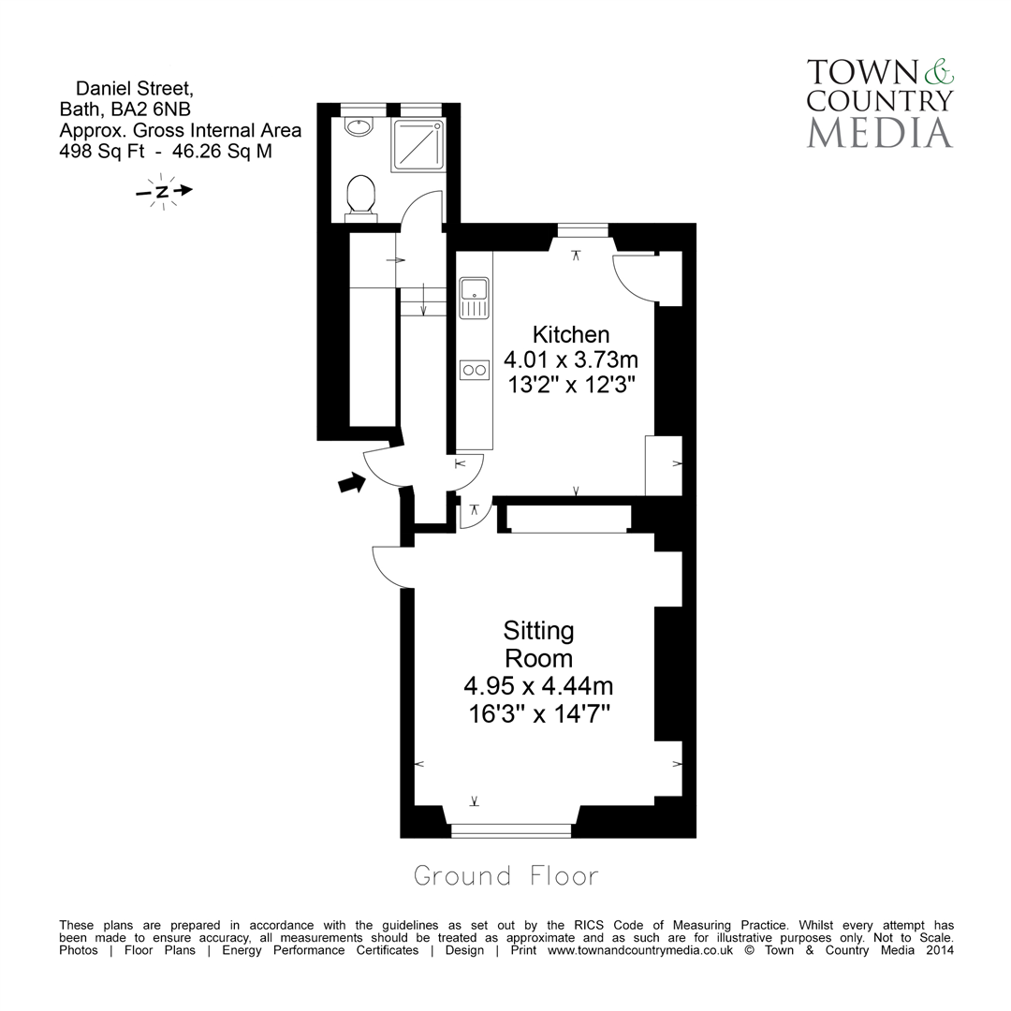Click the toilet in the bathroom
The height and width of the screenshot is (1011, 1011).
[x=360, y=198]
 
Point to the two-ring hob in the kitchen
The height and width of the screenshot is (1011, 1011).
[x=475, y=370]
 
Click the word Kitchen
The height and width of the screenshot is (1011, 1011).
[x=571, y=334]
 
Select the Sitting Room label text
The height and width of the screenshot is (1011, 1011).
[x=538, y=643]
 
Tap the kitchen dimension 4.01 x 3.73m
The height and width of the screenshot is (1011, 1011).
[x=571, y=359]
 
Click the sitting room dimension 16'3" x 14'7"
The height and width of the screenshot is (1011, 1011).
[x=538, y=713]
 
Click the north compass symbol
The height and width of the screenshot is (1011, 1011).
[x=163, y=191]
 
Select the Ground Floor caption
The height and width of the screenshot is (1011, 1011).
[x=505, y=876]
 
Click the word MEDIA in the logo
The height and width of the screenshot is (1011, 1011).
[x=879, y=132]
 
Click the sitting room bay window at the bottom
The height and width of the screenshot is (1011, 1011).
[x=511, y=829]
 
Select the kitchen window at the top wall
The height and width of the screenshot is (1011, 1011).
[x=582, y=228]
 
